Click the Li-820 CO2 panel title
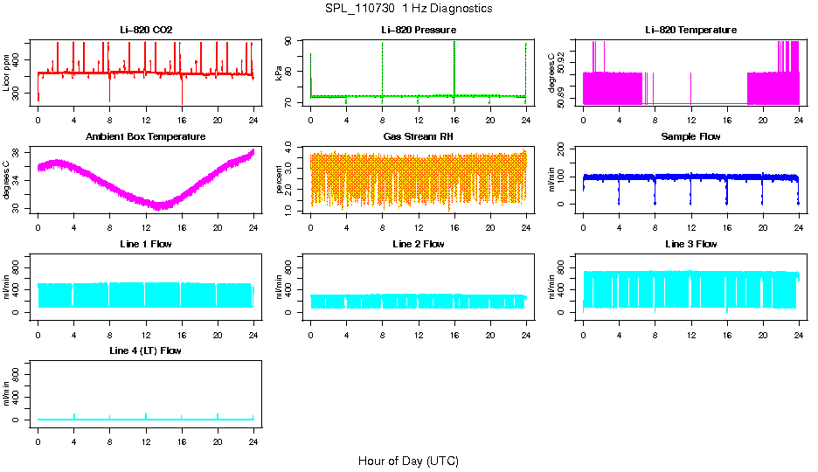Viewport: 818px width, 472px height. (x=146, y=30)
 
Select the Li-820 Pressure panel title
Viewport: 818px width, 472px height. (x=418, y=30)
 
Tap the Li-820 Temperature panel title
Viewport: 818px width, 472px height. (x=690, y=30)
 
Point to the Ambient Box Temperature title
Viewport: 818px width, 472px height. (x=146, y=136)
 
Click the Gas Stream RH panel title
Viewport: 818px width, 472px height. (x=418, y=136)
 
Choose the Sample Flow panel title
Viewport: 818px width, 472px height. (x=690, y=136)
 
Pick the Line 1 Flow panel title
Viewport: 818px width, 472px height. (x=146, y=244)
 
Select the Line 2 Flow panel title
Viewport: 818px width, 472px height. (x=418, y=244)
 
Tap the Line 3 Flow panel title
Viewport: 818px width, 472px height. (x=690, y=244)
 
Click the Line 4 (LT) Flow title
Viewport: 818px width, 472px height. (x=146, y=351)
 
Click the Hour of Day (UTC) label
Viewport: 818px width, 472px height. (x=408, y=461)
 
